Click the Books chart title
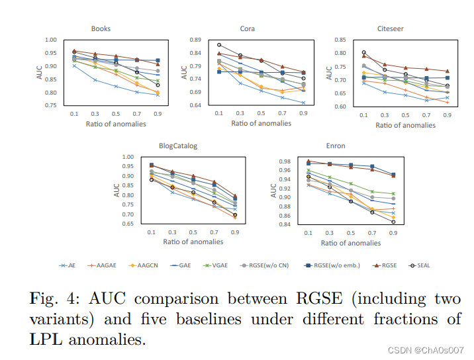click(x=101, y=28)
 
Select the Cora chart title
click(x=247, y=28)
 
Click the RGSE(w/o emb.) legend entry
click(x=332, y=265)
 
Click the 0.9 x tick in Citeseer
click(x=448, y=115)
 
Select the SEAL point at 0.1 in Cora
click(x=219, y=45)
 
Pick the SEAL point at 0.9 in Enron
click(x=393, y=222)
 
